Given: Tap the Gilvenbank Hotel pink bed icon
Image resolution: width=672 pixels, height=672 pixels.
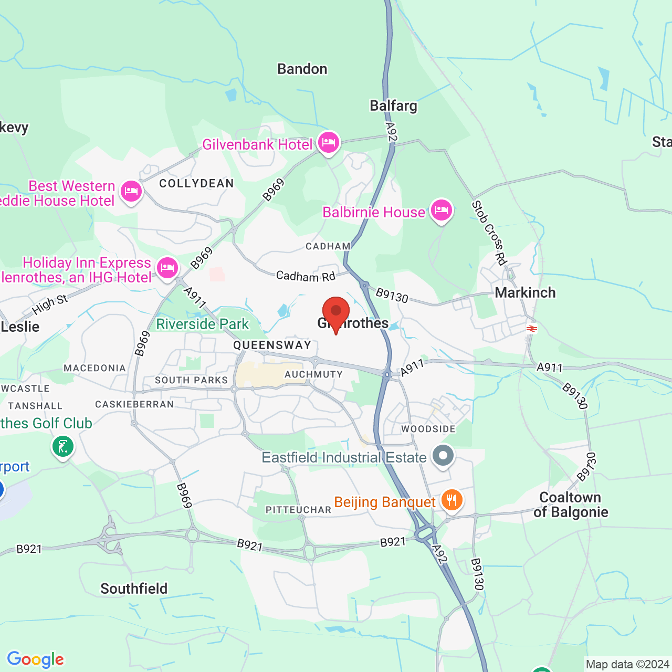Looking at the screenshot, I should pyautogui.click(x=329, y=142).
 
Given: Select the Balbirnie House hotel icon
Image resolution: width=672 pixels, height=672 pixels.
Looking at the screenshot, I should pyautogui.click(x=442, y=211).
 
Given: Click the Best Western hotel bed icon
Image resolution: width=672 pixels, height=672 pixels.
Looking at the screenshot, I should pyautogui.click(x=131, y=191).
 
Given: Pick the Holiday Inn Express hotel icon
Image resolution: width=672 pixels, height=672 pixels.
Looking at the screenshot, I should pyautogui.click(x=167, y=268).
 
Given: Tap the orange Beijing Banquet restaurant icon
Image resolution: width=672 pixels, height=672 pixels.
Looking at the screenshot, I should pyautogui.click(x=451, y=500).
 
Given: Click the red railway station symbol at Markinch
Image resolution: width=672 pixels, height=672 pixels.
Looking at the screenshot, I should pyautogui.click(x=532, y=329).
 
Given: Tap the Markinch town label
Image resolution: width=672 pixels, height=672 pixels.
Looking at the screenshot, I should pyautogui.click(x=525, y=292).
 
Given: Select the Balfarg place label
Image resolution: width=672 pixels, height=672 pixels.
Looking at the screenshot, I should pyautogui.click(x=393, y=106).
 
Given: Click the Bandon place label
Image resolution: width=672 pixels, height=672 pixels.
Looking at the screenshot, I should pyautogui.click(x=302, y=69).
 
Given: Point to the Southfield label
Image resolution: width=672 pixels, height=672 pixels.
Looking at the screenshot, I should pyautogui.click(x=134, y=589).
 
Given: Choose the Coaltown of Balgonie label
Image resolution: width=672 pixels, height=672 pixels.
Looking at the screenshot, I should pyautogui.click(x=571, y=505).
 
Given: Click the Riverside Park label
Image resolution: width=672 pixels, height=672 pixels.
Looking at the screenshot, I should pyautogui.click(x=203, y=324).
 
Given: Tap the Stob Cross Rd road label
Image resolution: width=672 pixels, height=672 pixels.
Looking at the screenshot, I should pyautogui.click(x=489, y=233).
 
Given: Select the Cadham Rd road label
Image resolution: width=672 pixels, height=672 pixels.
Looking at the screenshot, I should pyautogui.click(x=306, y=276).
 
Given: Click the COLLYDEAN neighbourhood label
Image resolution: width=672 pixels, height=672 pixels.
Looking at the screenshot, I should pyautogui.click(x=196, y=183).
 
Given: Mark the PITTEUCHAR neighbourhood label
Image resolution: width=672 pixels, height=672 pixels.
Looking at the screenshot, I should pyautogui.click(x=298, y=510).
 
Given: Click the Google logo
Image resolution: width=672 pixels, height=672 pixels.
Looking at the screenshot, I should pyautogui.click(x=36, y=659).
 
